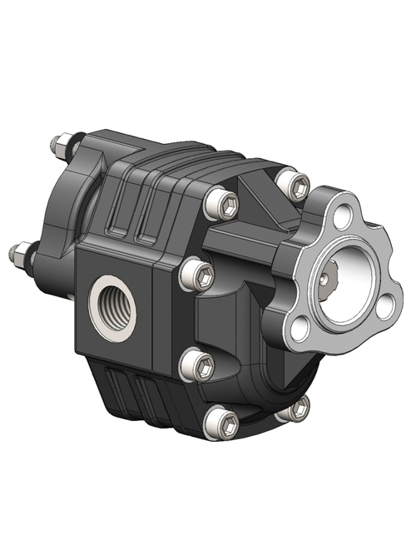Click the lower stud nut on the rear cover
click(x=22, y=251)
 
